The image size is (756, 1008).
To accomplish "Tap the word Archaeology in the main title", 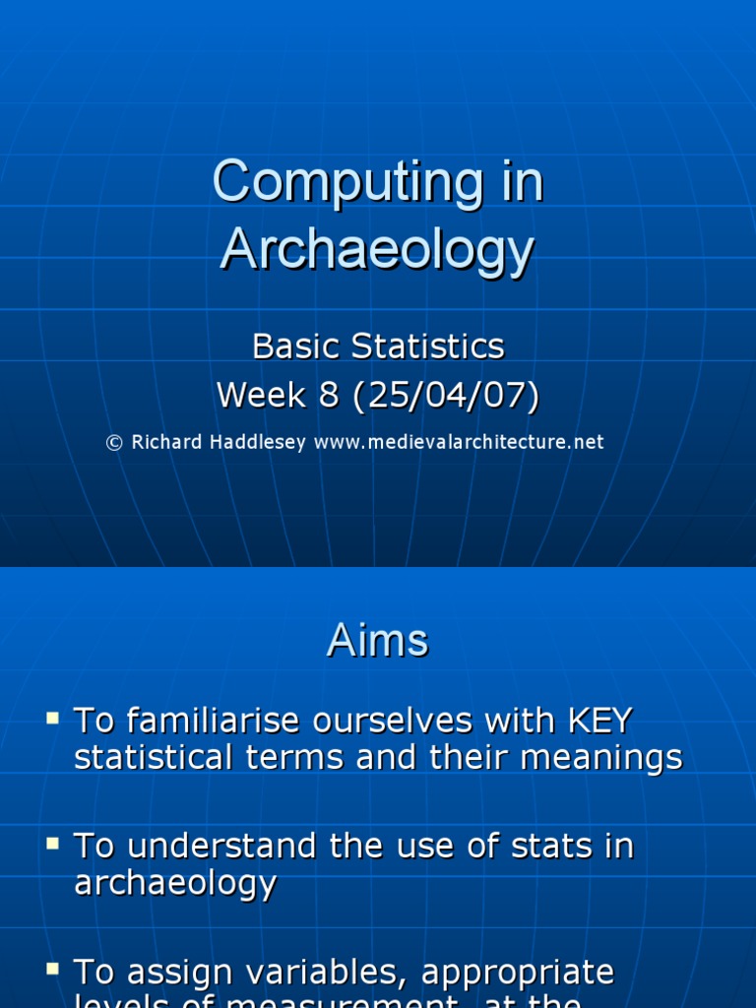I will [377, 249].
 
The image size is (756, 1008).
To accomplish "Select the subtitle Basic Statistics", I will [378, 346].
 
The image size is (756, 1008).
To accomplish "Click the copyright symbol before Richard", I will [114, 443].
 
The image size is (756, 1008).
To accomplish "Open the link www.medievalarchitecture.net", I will [459, 443].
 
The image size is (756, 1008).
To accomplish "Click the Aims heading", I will [378, 642].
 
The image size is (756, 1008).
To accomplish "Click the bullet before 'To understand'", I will [52, 843].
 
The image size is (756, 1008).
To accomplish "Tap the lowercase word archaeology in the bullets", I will [175, 883].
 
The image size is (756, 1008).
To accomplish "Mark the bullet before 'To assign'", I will [52, 969].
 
